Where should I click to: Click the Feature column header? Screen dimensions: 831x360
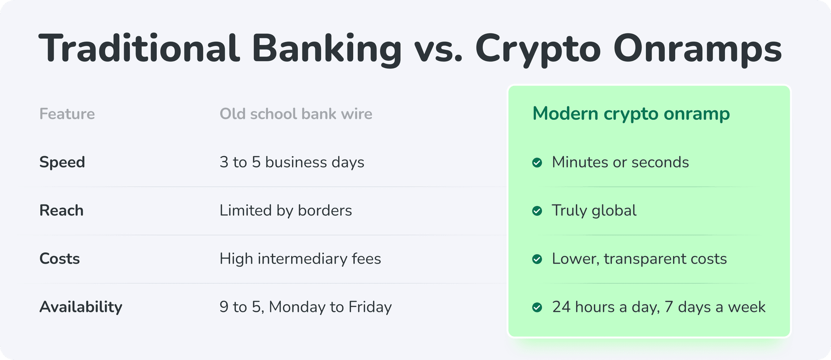coord(67,114)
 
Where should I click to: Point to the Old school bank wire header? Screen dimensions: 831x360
coord(296,114)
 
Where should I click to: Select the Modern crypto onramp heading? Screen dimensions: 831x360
coord(631,114)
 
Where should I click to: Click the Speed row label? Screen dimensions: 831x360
coord(62,163)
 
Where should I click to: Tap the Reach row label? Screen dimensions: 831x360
coord(61,210)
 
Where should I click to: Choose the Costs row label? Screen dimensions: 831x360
coord(60,259)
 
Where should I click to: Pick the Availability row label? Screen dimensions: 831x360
coord(81,307)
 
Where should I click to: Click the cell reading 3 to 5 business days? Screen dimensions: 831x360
coord(292,163)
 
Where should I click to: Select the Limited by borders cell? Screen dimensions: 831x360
coord(286,211)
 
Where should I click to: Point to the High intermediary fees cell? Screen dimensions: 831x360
coord(300,259)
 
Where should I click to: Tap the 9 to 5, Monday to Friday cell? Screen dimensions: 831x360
coord(306,307)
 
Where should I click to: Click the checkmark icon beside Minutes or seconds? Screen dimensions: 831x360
coord(537,163)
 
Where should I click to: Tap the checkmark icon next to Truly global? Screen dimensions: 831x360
coord(537,211)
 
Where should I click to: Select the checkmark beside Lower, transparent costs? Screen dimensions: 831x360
coord(537,259)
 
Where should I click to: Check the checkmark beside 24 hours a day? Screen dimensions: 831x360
coord(537,307)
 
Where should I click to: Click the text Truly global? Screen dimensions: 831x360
coord(594,211)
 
